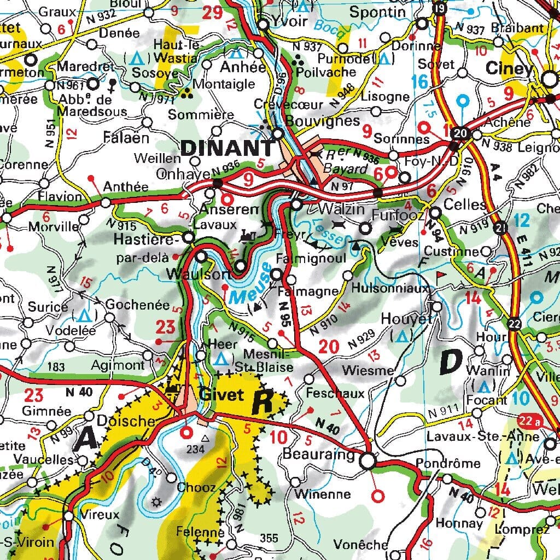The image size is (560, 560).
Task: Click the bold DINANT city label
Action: point(227,148)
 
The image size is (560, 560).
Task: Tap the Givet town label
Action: point(221,394)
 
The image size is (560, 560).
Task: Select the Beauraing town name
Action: point(316,454)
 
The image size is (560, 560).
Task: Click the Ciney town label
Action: point(509,69)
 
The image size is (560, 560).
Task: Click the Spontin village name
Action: point(377,11)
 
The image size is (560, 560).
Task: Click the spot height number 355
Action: point(269,539)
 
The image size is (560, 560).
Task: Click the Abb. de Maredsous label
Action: point(92,106)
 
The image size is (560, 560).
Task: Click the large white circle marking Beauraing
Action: point(368,461)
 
